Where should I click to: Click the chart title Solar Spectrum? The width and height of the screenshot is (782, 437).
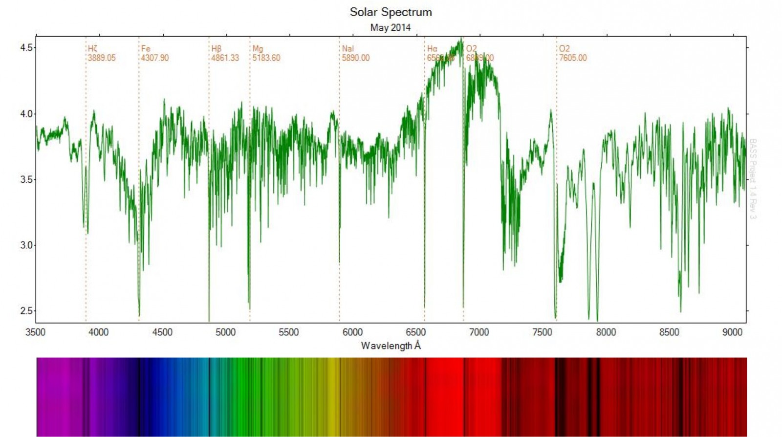[x=391, y=12]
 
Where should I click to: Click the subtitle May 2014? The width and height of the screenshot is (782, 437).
[x=390, y=28]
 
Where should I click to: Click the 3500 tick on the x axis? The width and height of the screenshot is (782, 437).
[x=35, y=332]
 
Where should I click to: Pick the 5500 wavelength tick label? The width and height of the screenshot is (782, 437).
[x=288, y=332]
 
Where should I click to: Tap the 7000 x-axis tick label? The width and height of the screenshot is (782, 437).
[x=478, y=332]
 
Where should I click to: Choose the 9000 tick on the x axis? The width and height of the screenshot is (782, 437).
[x=732, y=332]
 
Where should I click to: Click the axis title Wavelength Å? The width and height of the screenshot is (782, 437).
[x=391, y=346]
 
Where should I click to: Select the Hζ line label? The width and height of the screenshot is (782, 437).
[x=93, y=49]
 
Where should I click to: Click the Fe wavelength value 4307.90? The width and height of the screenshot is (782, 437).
[x=155, y=58]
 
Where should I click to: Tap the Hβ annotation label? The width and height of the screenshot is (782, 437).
[x=217, y=49]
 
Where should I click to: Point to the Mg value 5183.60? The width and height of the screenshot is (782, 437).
[x=266, y=58]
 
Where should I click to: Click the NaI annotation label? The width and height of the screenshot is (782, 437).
[x=348, y=49]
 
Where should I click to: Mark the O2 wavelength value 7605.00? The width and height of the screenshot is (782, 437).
[x=573, y=58]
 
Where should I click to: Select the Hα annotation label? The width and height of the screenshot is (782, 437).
[x=432, y=49]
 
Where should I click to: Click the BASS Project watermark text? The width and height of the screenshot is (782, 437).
[x=753, y=179]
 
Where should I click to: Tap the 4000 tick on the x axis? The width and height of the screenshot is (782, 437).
[x=98, y=332]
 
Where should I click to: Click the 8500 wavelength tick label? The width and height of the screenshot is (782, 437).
[x=669, y=332]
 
